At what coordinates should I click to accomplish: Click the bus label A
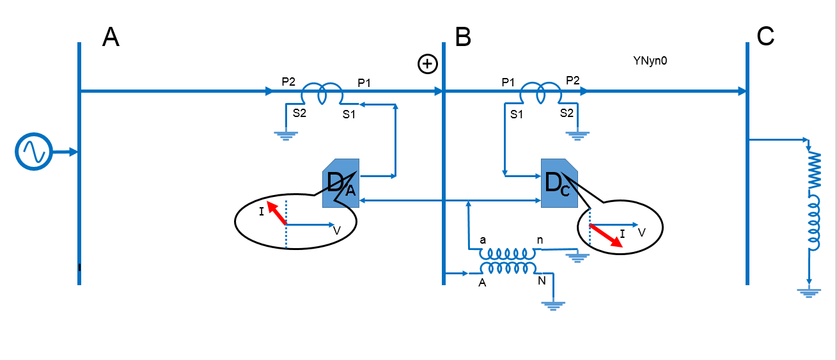(x=111, y=38)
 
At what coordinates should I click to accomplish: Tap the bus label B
(x=463, y=38)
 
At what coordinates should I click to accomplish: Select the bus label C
(x=765, y=38)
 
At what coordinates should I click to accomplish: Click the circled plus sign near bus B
(x=427, y=63)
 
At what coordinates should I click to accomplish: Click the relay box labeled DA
(x=341, y=183)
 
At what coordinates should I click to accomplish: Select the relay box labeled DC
(x=559, y=183)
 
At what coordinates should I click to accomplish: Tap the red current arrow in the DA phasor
(x=277, y=213)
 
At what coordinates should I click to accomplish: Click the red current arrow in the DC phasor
(x=606, y=235)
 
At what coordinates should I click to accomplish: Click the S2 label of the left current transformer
(x=299, y=113)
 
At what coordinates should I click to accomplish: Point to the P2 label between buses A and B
(x=288, y=82)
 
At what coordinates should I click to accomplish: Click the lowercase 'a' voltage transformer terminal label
(x=483, y=239)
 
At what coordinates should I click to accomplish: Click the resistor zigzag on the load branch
(x=815, y=168)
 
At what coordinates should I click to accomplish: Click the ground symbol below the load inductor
(x=810, y=293)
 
